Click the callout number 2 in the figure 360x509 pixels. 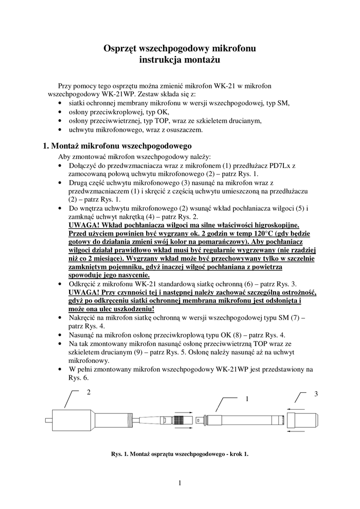(x=89, y=392)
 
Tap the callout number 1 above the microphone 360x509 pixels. (x=246, y=399)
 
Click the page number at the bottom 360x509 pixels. (x=180, y=482)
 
